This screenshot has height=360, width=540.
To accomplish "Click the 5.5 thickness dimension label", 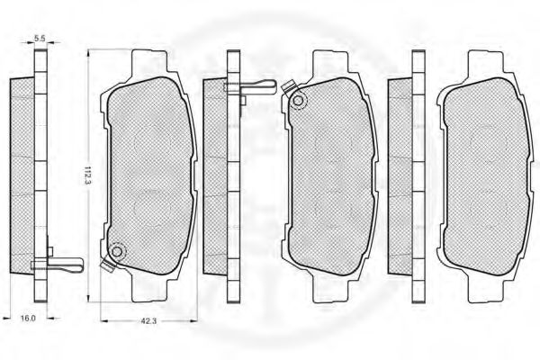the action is [x=40, y=38].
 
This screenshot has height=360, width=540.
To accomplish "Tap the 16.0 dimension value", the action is [x=28, y=318].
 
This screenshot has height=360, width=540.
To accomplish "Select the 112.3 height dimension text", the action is [x=86, y=175].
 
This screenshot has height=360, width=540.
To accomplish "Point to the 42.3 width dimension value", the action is [x=148, y=320].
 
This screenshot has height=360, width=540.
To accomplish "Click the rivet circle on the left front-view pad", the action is [x=117, y=252].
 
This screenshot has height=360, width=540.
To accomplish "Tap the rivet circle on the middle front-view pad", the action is [x=298, y=102].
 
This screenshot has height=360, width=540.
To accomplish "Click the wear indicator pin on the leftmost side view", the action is [x=57, y=265].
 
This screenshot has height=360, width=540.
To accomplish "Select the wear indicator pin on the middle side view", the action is [x=249, y=86].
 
